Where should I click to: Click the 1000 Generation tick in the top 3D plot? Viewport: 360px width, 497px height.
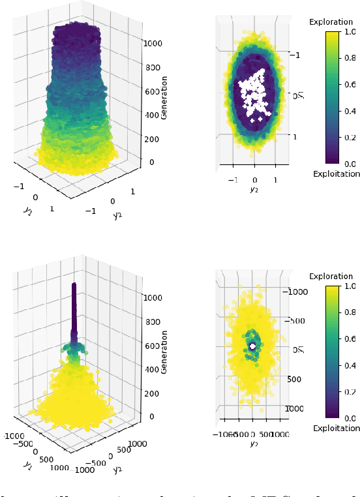pyautogui.click(x=153, y=43)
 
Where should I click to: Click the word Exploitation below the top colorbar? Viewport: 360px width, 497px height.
pyautogui.click(x=336, y=173)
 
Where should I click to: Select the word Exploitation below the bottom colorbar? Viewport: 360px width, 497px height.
pyautogui.click(x=336, y=428)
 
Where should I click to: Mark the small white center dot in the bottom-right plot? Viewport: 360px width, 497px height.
pyautogui.click(x=252, y=346)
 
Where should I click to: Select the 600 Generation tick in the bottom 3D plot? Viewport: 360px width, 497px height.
pyautogui.click(x=152, y=345)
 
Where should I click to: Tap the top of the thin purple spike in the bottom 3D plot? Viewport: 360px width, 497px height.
pyautogui.click(x=74, y=284)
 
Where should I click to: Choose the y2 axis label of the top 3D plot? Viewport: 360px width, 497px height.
pyautogui.click(x=118, y=215)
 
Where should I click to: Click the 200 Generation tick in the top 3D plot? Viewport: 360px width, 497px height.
pyautogui.click(x=152, y=138)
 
